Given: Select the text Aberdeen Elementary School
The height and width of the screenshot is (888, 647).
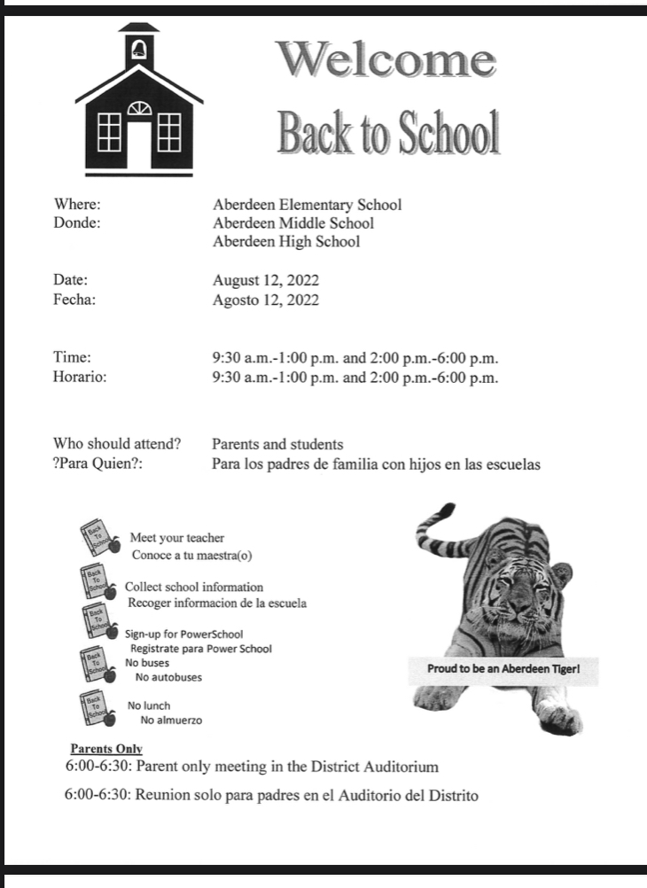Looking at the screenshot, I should (307, 205).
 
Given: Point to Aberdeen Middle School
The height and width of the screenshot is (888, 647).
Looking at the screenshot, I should (293, 223).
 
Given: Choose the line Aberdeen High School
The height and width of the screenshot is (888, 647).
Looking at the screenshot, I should (286, 242).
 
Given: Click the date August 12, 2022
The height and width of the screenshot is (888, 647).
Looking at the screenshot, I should (266, 281).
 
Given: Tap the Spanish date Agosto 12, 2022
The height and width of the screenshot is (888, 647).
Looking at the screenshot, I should (266, 300).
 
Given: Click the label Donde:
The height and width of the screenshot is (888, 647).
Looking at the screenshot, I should (77, 223).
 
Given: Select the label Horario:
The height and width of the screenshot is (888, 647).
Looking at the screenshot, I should (80, 378).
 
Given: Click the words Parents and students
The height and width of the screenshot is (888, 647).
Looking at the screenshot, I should (277, 444).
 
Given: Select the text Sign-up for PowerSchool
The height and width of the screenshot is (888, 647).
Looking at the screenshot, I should (183, 635).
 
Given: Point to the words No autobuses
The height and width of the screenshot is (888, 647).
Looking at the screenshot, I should (168, 677).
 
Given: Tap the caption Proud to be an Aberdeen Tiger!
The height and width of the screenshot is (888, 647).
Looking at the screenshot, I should (503, 669).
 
